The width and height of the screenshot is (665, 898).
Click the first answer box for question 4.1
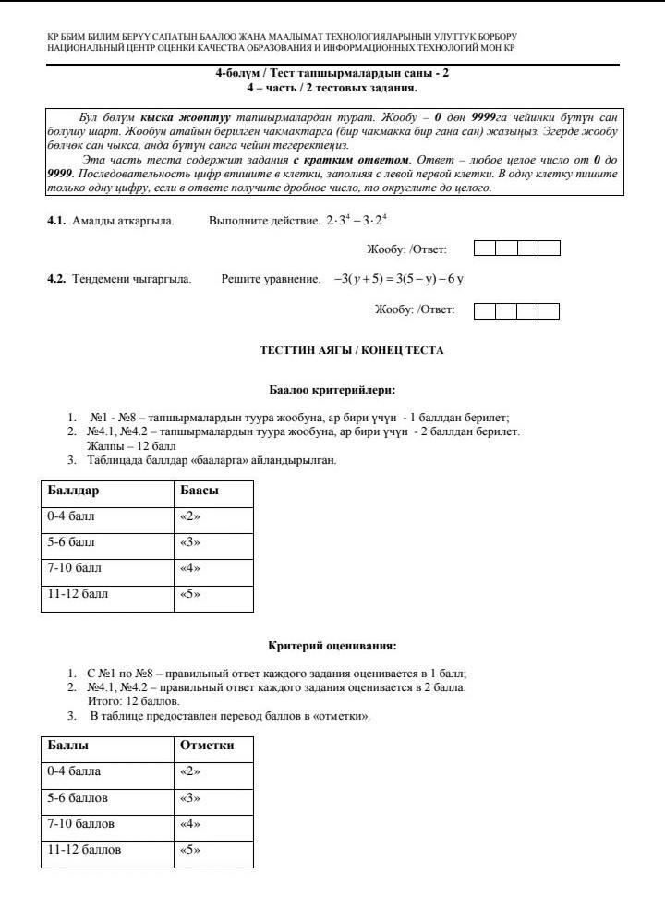pos(484,249)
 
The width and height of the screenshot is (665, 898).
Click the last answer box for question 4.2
pos(550,310)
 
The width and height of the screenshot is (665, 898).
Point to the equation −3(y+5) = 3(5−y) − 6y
pos(399,279)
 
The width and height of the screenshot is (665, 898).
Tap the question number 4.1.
pos(56,222)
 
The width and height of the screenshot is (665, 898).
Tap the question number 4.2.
pos(56,279)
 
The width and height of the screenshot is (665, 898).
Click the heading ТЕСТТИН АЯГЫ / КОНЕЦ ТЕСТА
pos(352,351)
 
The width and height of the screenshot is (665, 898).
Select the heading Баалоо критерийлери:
pos(332,390)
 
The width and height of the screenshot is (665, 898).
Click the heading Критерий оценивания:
pos(332,646)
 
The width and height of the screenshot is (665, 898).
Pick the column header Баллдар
pos(74,491)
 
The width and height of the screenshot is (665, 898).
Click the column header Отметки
pos(207,745)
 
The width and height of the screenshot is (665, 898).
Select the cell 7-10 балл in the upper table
pos(73,568)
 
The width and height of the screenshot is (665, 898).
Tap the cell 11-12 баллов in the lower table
pos(84,849)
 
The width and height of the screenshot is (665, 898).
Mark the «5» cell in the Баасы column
pos(188,594)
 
